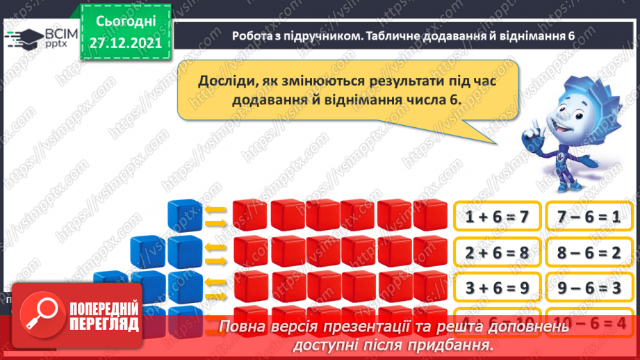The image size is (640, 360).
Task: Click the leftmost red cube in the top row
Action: pyautogui.click(x=250, y=215)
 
